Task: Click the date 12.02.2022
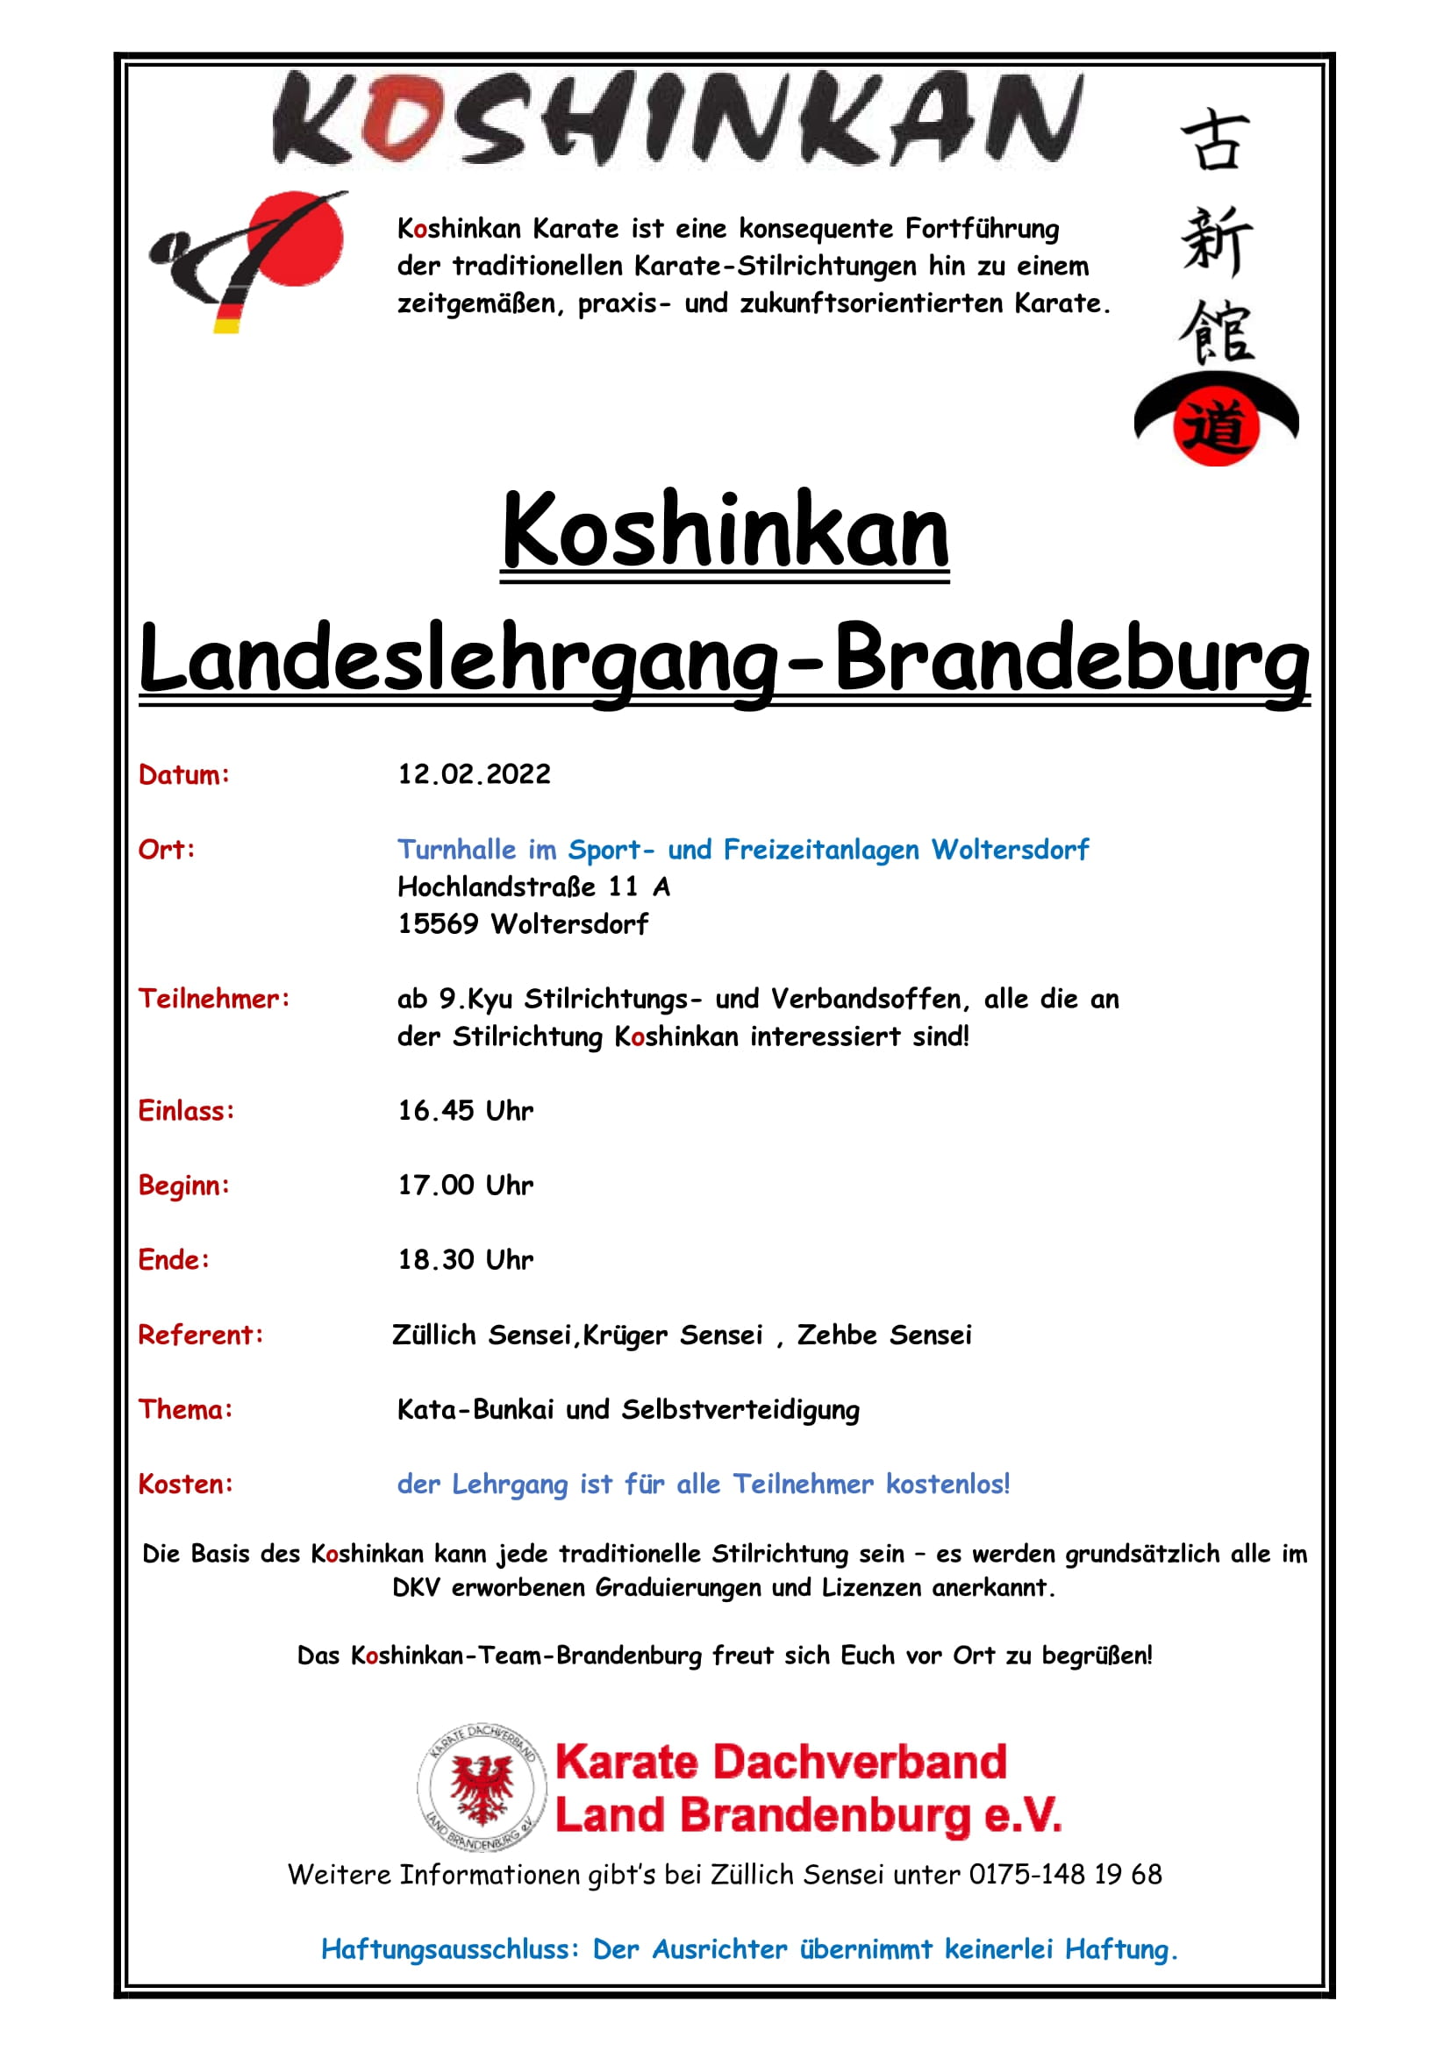point(474,773)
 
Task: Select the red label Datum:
point(184,774)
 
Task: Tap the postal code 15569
point(438,923)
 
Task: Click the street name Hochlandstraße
point(496,887)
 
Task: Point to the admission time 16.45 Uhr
point(465,1110)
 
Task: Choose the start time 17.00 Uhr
point(465,1186)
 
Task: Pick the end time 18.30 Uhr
point(465,1259)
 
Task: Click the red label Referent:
point(201,1335)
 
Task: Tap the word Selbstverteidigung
point(740,1410)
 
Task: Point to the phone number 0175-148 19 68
point(1065,1874)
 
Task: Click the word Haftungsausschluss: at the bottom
point(450,1948)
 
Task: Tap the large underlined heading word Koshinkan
point(725,532)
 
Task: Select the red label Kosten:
point(185,1484)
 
